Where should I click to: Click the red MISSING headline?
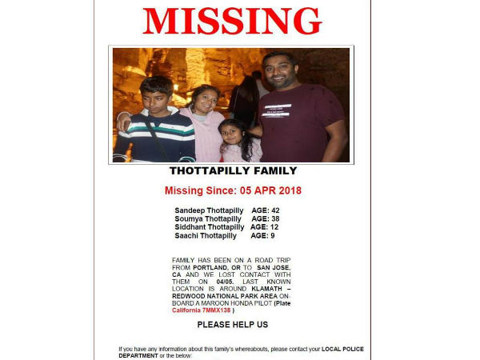232,21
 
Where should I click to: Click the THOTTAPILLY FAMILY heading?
232,170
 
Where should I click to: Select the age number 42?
274,210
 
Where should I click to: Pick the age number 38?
274,218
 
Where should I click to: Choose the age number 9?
272,236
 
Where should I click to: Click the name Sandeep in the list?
190,210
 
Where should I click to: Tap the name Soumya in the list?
189,218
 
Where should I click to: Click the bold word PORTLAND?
206,268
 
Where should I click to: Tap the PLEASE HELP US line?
232,325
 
